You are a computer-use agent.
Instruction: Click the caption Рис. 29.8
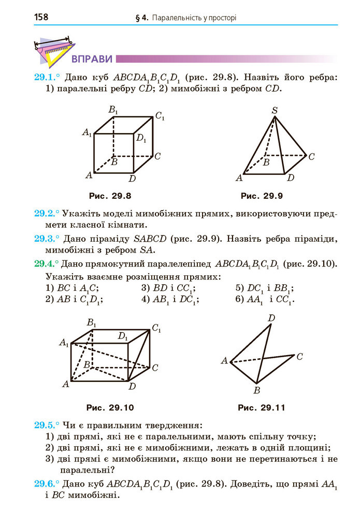coord(110,196)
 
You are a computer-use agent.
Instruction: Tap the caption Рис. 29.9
coord(262,196)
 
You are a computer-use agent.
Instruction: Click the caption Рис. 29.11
coord(262,407)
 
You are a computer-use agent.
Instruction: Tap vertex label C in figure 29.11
coord(299,356)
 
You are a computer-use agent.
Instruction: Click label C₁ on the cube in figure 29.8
coord(160,116)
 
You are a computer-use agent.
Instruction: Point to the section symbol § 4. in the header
coord(141,18)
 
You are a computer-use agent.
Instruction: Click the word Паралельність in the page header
coord(176,18)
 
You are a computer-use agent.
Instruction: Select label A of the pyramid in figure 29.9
coord(239,179)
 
